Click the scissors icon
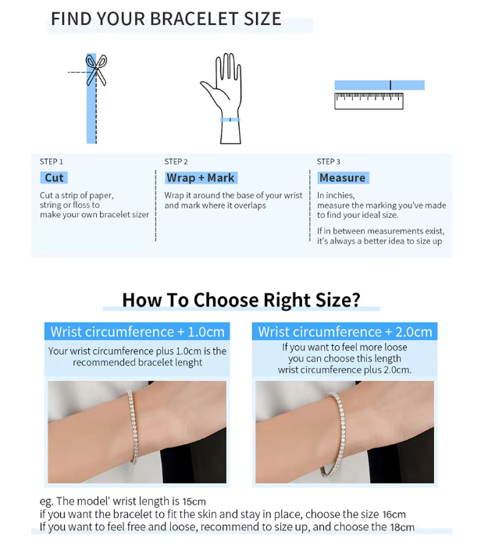pyautogui.click(x=96, y=70)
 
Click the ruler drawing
pyautogui.click(x=369, y=101)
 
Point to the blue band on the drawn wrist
pyautogui.click(x=230, y=120)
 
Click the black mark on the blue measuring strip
pyautogui.click(x=390, y=85)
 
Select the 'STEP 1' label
pyautogui.click(x=52, y=162)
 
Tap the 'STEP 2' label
pyautogui.click(x=176, y=162)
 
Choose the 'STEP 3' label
pyautogui.click(x=328, y=162)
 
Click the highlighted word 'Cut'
pyautogui.click(x=54, y=177)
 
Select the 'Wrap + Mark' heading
pyautogui.click(x=201, y=177)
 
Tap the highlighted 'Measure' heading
pyautogui.click(x=343, y=177)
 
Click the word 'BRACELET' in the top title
pyautogui.click(x=194, y=19)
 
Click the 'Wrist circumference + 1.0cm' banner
pyautogui.click(x=137, y=331)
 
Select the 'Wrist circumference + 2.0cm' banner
pyautogui.click(x=344, y=331)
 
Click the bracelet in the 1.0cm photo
pyautogui.click(x=133, y=426)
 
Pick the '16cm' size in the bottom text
pyautogui.click(x=394, y=514)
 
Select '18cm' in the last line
pyautogui.click(x=402, y=527)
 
